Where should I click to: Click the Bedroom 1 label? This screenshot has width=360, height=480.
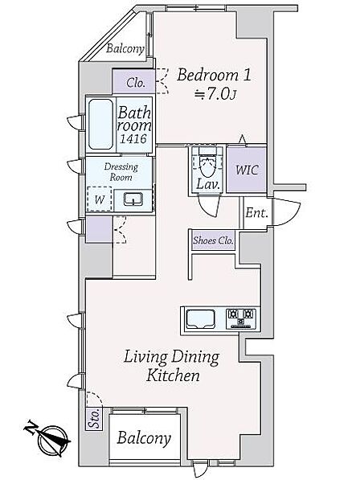(214, 75)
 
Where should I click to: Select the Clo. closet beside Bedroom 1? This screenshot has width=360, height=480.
(133, 82)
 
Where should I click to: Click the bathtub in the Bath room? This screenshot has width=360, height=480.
(100, 125)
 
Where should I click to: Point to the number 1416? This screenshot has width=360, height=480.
(133, 139)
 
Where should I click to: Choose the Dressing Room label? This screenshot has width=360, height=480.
(121, 172)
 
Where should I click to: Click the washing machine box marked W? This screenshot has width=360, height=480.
(99, 199)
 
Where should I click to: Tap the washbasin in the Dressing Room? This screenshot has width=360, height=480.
(133, 199)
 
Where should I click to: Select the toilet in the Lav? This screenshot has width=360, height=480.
(208, 162)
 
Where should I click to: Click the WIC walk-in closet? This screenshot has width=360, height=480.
(247, 170)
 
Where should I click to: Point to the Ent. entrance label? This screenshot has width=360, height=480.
(257, 213)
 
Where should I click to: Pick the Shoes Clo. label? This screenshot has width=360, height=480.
(213, 240)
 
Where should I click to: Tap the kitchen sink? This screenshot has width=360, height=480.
(201, 318)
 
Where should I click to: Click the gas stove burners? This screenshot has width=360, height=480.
(241, 319)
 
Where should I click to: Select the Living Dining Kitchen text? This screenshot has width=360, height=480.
(172, 366)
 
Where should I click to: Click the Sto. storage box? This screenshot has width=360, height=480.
(94, 419)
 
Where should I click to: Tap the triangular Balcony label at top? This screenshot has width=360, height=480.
(125, 48)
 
